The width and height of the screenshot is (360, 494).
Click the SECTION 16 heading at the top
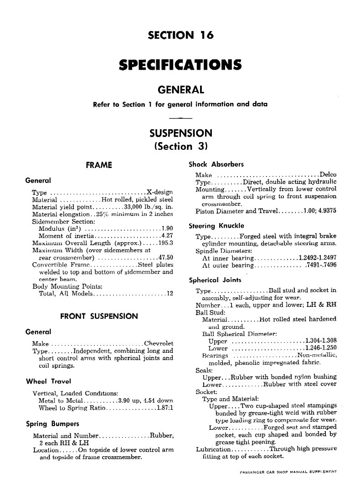180,36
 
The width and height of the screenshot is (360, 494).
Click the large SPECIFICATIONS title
180,65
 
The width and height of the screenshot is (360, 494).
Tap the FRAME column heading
99,165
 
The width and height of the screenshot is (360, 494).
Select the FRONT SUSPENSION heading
99,316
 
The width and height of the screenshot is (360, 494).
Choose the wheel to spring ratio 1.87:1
165,408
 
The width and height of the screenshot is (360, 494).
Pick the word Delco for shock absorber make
328,175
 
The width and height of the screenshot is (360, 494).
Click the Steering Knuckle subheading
216,225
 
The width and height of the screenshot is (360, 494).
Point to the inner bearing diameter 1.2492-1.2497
318,258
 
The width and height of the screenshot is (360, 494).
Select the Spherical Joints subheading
215,280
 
